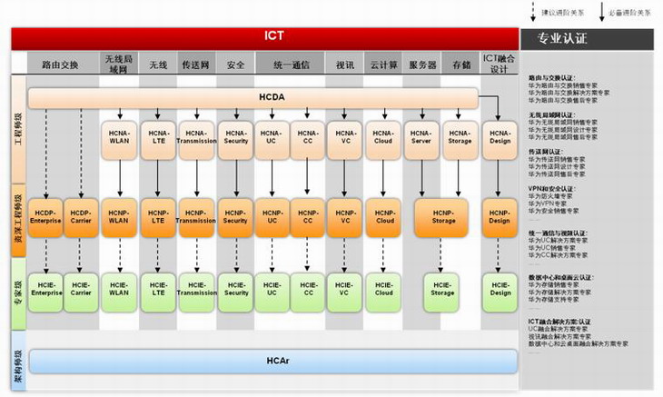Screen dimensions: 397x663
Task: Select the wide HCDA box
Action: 252,97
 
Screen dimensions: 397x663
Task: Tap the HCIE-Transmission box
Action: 196,288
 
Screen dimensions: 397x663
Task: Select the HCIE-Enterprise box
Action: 45,288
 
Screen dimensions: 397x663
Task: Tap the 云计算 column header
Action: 384,65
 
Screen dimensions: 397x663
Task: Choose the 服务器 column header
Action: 423,65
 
